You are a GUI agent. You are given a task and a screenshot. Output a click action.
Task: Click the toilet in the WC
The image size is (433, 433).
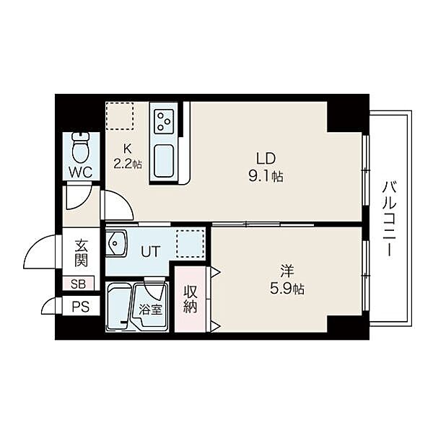point(81,148)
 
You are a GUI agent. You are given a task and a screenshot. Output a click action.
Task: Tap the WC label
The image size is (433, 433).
point(81,172)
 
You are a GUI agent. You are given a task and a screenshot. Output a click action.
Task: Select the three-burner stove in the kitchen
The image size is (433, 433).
point(164,120)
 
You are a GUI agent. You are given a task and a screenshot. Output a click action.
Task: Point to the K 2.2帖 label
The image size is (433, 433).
point(128,157)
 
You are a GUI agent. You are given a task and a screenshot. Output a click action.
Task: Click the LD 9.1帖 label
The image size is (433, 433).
point(266,167)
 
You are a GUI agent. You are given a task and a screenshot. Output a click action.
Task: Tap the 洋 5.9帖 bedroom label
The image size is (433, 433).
point(287,279)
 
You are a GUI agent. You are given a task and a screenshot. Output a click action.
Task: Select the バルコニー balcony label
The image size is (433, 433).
point(390,219)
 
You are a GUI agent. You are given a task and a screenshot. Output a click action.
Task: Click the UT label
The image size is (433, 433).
point(151,252)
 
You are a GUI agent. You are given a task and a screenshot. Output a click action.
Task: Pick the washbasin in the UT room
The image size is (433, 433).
point(116,244)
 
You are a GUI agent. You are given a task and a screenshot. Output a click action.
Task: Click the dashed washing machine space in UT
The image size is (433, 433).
point(191,244)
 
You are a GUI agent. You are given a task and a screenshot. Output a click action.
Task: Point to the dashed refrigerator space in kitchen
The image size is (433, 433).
point(120,116)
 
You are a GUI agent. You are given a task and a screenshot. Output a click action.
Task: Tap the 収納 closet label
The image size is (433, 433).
point(191,299)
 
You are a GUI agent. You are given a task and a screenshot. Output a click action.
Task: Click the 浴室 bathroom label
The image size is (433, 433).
point(150,310)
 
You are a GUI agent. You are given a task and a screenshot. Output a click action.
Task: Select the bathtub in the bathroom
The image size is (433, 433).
point(118,306)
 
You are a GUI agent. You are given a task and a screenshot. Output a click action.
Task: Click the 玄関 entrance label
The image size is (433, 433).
point(81,253)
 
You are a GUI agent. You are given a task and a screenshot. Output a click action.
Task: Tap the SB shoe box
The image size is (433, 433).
point(79,284)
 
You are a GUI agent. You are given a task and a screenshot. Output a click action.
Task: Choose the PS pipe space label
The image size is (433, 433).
point(81,307)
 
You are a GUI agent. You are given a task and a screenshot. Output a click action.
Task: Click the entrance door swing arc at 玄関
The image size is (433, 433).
point(34,243)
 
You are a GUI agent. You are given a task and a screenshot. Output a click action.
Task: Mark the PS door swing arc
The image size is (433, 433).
point(46,302)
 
